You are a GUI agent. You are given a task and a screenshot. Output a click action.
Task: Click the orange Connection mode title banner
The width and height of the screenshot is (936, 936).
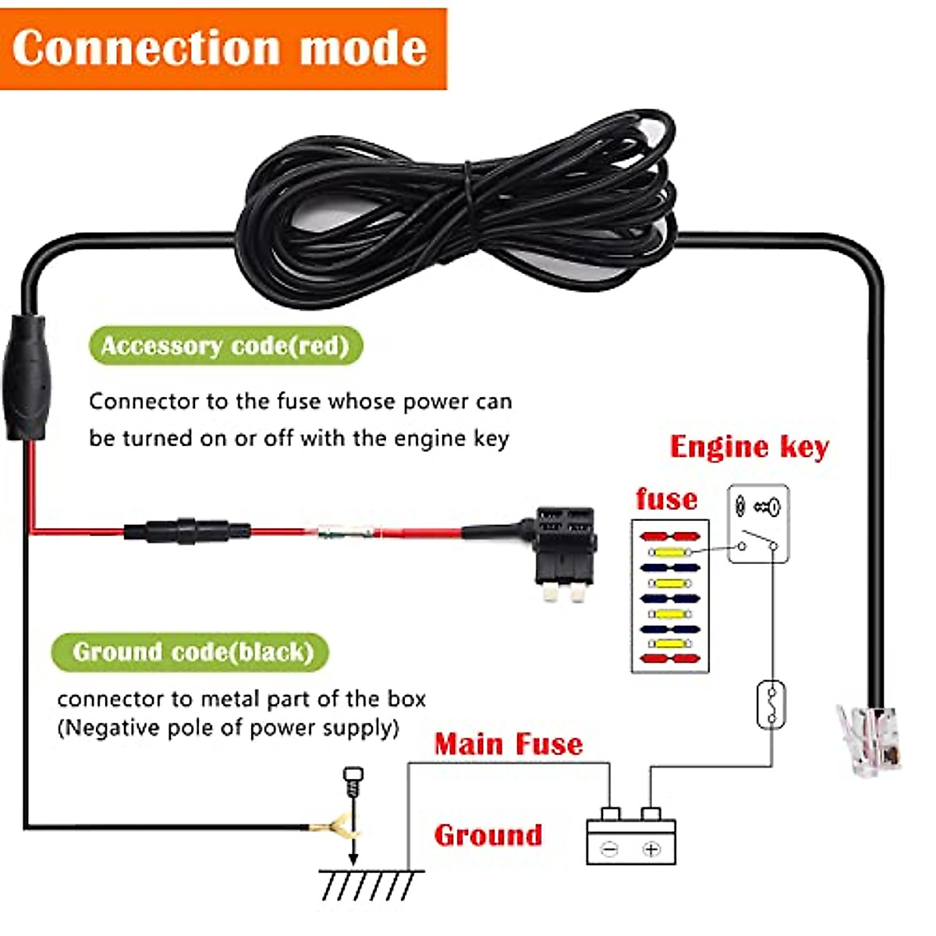[222, 48]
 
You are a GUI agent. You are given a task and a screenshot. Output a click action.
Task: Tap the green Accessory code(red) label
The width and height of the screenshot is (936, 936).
[225, 346]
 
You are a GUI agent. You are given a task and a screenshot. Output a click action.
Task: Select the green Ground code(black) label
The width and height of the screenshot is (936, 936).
[192, 652]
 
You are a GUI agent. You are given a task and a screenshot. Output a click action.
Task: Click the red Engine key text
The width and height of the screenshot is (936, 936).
[749, 447]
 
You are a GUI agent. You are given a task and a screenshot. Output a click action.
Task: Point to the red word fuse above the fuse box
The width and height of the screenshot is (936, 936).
[666, 499]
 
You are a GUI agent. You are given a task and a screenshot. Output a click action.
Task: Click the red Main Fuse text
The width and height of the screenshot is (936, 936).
[509, 744]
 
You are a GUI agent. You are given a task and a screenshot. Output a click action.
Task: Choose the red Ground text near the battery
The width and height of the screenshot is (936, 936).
[488, 835]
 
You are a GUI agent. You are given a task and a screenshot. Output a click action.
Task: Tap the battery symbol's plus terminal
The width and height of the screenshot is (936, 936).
[651, 849]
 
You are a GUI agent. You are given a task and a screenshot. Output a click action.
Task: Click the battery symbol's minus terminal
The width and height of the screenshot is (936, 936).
[610, 849]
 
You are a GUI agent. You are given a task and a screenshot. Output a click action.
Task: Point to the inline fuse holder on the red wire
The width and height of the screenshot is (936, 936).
[187, 532]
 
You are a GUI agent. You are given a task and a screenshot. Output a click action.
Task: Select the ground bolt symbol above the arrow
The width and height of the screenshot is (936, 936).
[353, 780]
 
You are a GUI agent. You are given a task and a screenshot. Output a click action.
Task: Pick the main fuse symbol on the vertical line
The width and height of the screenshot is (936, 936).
[771, 704]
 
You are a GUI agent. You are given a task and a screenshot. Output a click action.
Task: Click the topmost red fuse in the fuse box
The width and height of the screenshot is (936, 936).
[669, 537]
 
